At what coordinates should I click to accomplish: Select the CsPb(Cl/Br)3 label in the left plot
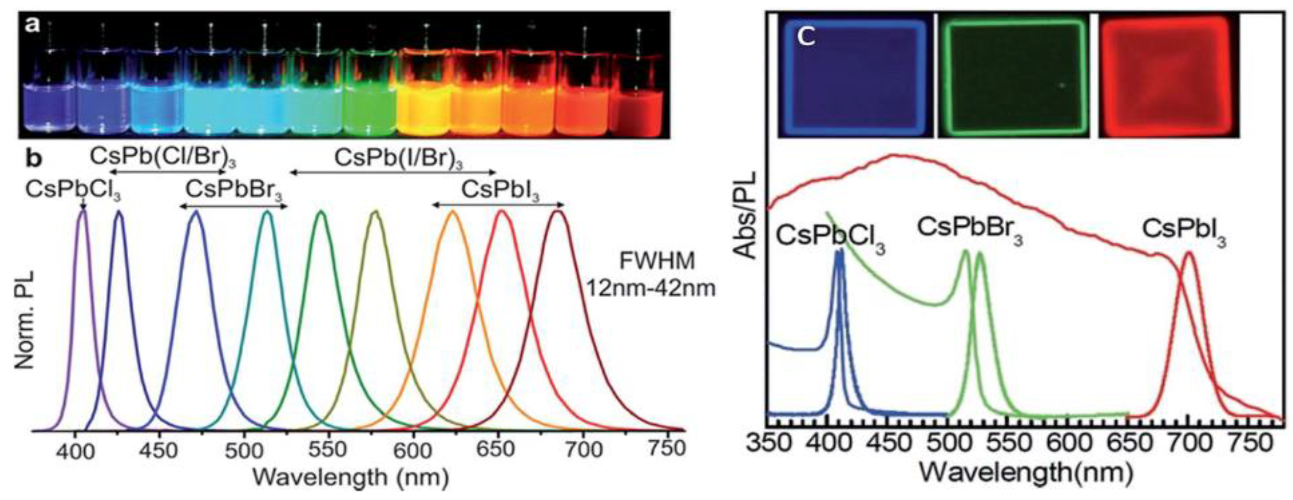[x=163, y=157]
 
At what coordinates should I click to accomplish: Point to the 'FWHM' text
[x=657, y=262]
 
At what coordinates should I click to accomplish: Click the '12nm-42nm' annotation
[x=651, y=288]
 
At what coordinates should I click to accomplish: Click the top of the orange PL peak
[x=453, y=212]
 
